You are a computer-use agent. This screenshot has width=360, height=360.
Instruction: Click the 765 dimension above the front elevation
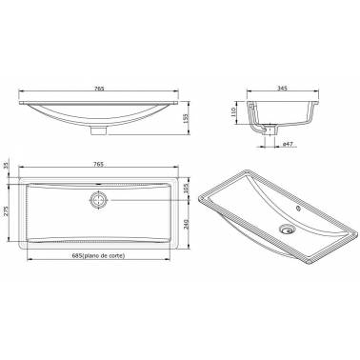point(99,89)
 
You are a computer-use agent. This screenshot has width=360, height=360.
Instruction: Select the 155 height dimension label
point(186,118)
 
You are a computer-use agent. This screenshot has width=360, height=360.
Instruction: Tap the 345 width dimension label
point(282,89)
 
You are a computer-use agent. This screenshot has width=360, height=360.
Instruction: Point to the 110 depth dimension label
point(234,111)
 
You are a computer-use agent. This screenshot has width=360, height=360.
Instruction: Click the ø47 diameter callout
point(288,144)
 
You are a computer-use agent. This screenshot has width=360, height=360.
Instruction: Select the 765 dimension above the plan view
point(99,164)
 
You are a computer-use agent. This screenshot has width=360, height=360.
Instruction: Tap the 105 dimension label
point(186,188)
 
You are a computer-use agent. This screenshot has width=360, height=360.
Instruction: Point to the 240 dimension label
point(186,225)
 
